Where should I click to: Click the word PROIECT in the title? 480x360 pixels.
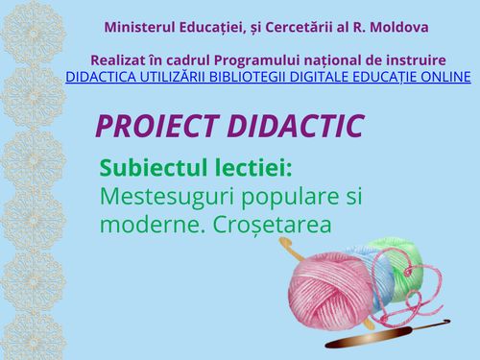156,126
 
